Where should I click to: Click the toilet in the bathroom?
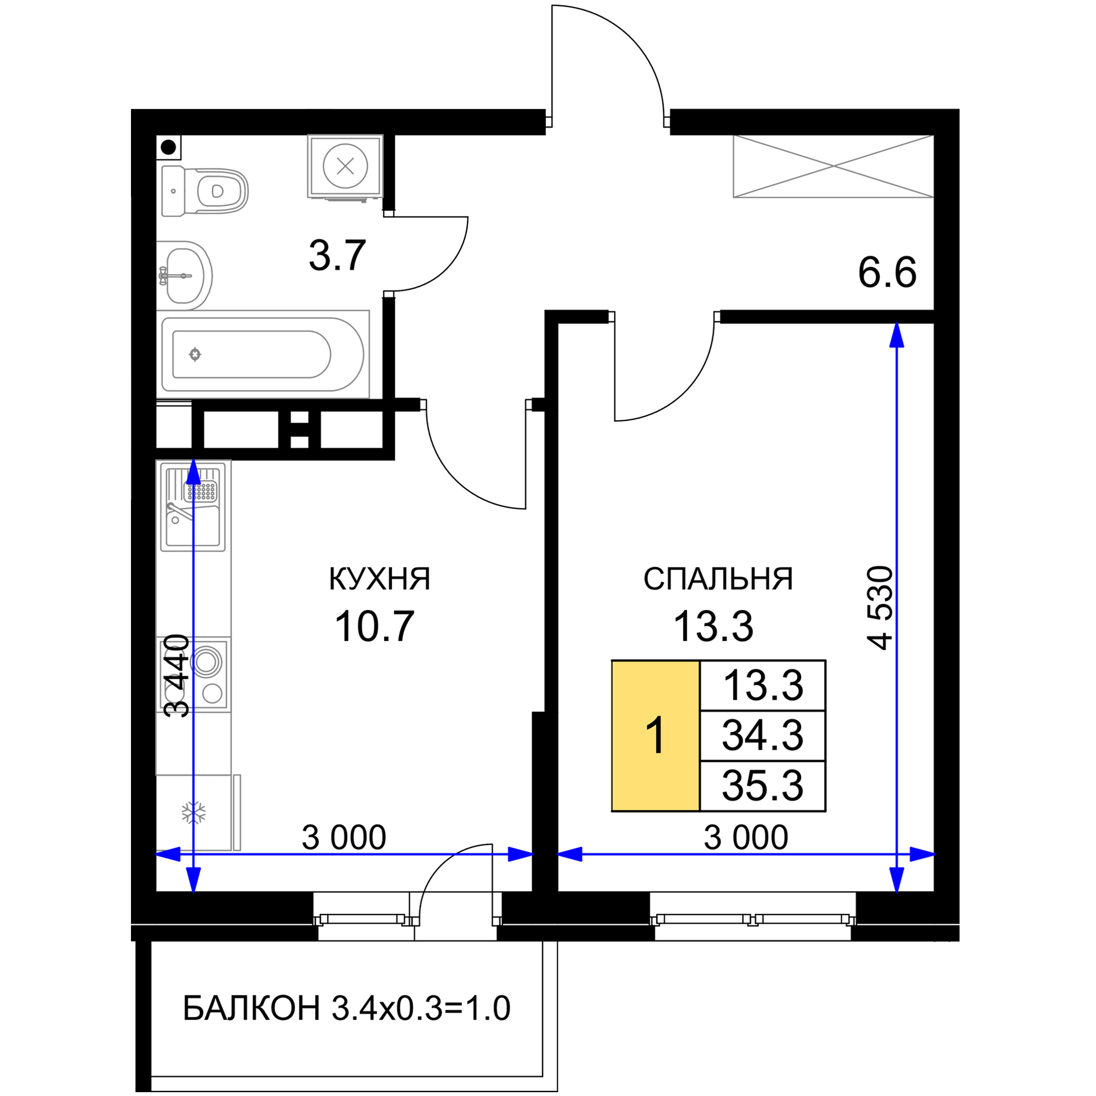(x=205, y=191)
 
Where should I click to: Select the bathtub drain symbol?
(x=195, y=355)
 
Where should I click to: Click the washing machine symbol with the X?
(x=345, y=166)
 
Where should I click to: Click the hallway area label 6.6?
(x=887, y=273)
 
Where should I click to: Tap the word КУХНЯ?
(x=380, y=579)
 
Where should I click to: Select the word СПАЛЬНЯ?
(x=718, y=579)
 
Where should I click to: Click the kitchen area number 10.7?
(x=374, y=626)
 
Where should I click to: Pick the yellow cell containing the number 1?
(x=655, y=736)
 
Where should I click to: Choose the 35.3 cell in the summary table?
(x=762, y=786)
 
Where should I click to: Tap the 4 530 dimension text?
(x=880, y=608)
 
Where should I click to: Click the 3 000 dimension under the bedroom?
(x=746, y=837)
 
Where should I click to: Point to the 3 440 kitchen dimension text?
(x=176, y=676)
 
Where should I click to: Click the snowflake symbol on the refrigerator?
(x=193, y=813)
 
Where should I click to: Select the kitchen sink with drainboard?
(x=193, y=506)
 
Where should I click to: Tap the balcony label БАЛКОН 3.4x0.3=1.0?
(x=347, y=1008)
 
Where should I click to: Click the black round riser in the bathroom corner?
(x=168, y=147)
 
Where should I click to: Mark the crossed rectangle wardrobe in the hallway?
(x=834, y=166)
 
